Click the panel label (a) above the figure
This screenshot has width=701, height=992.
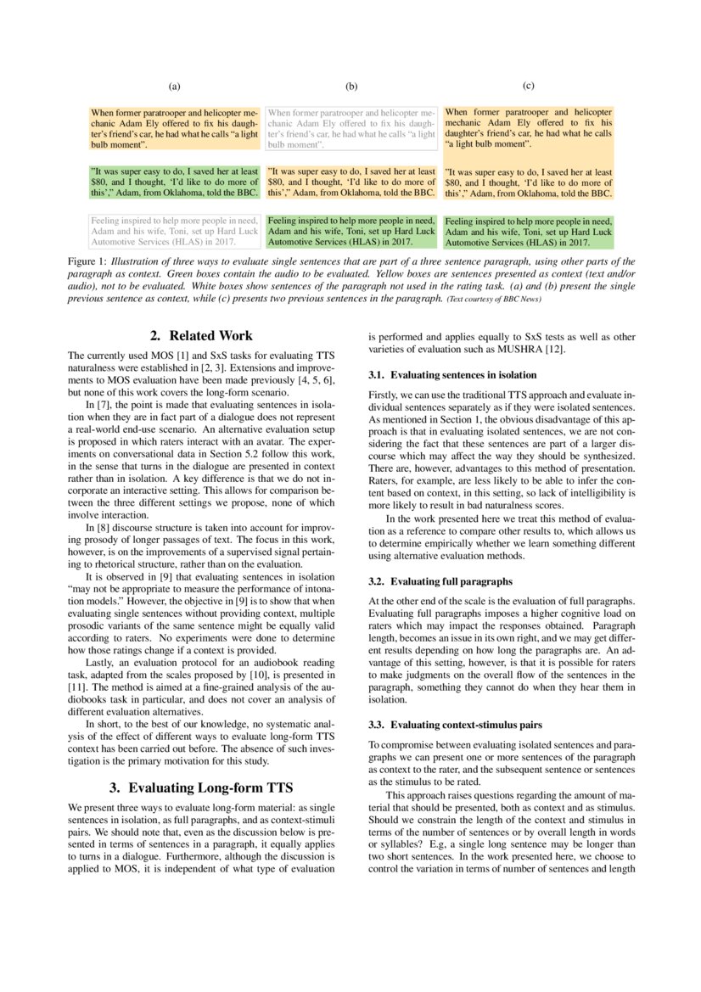click(x=174, y=87)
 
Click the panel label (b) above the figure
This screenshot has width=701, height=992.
click(x=351, y=87)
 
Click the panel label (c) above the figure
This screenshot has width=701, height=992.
click(x=528, y=86)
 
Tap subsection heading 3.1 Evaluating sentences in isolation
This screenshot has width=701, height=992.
click(x=452, y=374)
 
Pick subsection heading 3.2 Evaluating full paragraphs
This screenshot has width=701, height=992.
click(x=440, y=581)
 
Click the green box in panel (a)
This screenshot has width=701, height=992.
click(x=175, y=182)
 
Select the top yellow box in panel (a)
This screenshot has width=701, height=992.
click(x=175, y=128)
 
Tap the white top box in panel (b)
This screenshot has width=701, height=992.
click(x=351, y=128)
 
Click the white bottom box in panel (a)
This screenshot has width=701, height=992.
click(x=175, y=230)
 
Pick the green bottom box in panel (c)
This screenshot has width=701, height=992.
click(x=529, y=231)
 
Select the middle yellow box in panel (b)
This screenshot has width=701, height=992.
click(x=351, y=182)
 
